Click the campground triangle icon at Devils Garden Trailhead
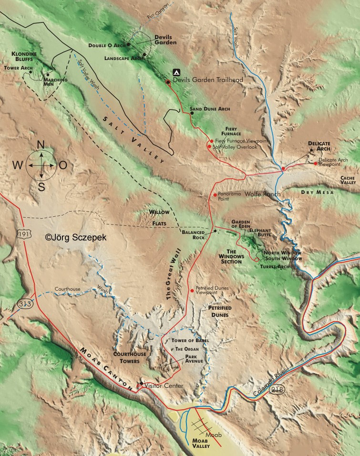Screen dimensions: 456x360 click(176, 72)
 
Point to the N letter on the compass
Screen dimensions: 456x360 click(41, 145)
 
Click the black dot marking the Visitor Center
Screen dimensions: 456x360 click(141, 383)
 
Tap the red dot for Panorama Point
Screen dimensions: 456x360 click(215, 195)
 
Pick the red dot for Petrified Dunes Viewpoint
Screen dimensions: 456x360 click(192, 290)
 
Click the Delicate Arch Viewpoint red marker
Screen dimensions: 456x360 click(316, 163)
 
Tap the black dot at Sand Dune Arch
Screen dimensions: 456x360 click(192, 113)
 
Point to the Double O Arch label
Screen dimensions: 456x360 click(106, 45)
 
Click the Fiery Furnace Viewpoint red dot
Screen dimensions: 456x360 click(211, 141)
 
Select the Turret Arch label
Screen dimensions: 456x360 click(275, 266)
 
